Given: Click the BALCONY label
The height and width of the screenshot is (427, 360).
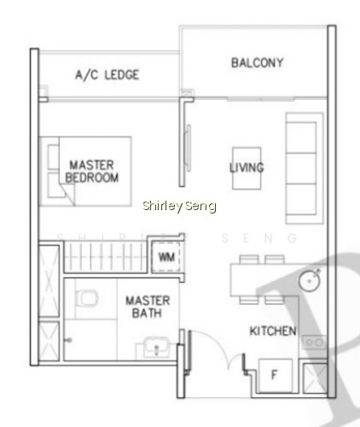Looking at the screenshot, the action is click(257, 63).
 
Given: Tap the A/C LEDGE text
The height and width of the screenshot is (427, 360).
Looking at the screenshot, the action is click(107, 75).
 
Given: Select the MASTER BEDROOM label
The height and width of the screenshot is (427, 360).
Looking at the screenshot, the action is click(92, 172).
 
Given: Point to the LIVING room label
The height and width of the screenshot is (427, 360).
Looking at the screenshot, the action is click(247, 167).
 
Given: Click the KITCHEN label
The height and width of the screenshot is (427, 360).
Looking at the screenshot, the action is click(273, 331).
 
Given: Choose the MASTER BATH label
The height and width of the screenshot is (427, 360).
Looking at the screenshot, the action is click(148, 307).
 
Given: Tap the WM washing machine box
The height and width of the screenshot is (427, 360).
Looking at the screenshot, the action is click(166, 257).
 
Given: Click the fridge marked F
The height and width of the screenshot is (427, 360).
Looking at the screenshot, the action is click(276, 375).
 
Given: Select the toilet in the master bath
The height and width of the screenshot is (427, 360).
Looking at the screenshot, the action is click(86, 298).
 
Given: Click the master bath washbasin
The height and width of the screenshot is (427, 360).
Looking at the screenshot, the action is click(156, 347).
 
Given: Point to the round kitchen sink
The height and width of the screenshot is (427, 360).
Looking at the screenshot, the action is click(310, 281).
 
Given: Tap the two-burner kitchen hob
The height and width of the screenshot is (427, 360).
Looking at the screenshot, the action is click(314, 342).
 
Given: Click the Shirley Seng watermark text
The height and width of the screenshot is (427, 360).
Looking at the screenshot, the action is click(179, 206).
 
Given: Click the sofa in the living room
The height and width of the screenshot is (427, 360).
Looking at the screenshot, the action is click(305, 168).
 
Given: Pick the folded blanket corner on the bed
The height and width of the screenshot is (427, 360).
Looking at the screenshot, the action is click(67, 192).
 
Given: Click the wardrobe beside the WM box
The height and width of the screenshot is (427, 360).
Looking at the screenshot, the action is click(104, 257).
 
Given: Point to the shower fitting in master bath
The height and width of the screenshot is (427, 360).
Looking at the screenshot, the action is click(68, 340).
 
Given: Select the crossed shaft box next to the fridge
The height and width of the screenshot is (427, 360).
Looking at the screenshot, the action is click(315, 378).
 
